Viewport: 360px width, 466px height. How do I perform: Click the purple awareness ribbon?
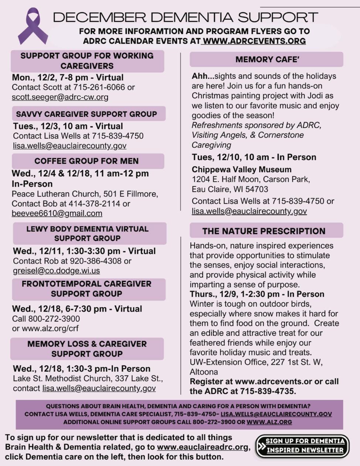(33, 27)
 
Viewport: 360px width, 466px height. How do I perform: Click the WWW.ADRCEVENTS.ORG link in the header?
(254, 41)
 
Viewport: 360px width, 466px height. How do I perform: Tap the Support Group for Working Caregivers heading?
(87, 61)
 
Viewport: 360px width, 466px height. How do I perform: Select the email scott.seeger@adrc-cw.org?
(60, 97)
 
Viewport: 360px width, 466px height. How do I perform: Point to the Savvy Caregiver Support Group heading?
(86, 114)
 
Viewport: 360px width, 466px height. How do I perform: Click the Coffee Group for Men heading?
(86, 161)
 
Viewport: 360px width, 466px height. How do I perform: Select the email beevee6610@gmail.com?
(57, 213)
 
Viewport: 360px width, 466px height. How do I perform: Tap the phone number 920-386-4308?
(96, 261)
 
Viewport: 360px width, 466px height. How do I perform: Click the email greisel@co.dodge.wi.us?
(56, 271)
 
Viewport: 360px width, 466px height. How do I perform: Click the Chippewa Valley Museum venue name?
(241, 170)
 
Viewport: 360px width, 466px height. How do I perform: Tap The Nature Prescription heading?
(264, 231)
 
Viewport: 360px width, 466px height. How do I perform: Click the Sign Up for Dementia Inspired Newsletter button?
(302, 446)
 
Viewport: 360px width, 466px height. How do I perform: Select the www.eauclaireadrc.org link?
(203, 447)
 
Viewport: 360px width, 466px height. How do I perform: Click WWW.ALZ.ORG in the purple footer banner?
(269, 422)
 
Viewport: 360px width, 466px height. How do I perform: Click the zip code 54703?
(256, 189)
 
